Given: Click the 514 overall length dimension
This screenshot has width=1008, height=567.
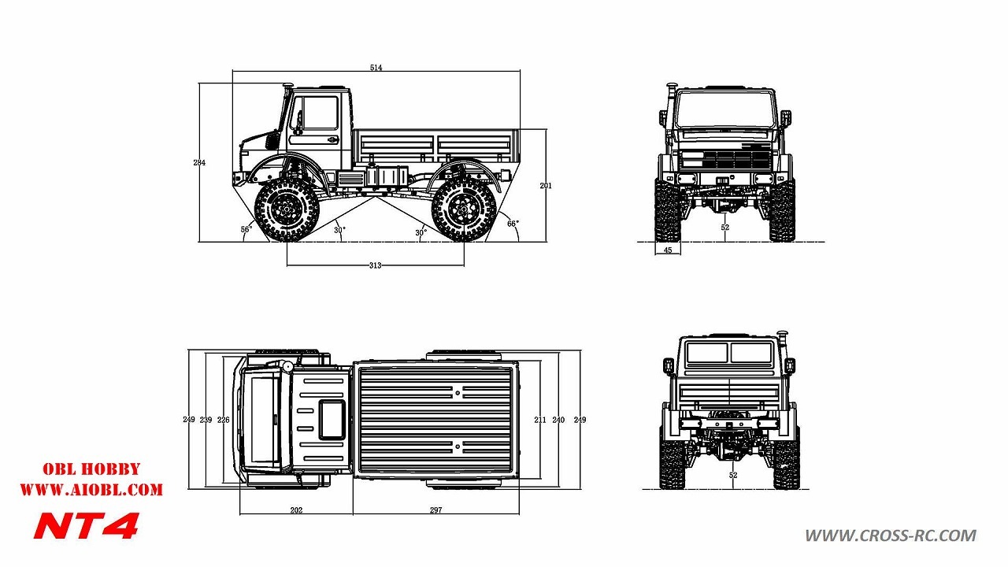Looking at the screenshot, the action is click(376, 68).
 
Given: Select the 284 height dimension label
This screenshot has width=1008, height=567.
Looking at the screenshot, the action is click(199, 162).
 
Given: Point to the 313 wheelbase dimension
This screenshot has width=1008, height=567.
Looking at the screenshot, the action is click(376, 265).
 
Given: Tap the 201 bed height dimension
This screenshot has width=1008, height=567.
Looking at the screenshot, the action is click(546, 185).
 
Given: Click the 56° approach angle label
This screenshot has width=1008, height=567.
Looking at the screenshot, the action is click(246, 229).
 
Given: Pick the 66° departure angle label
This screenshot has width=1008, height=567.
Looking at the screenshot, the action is click(513, 224).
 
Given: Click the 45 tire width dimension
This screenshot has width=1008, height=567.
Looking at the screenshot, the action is click(668, 250).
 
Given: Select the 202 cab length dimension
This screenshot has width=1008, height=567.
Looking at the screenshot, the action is click(296, 510).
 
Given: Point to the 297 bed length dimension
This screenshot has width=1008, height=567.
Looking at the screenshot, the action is click(435, 510).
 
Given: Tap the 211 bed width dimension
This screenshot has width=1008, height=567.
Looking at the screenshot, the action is click(540, 420).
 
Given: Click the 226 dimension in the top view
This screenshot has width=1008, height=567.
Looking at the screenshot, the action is click(223, 420).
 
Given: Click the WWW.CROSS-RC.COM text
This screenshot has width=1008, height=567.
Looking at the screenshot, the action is click(891, 535).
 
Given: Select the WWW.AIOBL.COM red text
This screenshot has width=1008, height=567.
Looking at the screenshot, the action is click(91, 490).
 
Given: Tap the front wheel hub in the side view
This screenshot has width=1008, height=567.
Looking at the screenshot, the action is click(287, 209).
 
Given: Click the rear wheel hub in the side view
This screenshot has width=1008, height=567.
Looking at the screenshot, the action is click(464, 209).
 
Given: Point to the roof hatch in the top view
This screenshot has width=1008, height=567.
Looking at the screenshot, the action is click(332, 420).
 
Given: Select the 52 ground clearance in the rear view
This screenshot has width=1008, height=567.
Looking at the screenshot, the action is click(733, 475).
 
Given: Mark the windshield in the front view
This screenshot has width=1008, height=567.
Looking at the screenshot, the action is click(725, 109).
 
